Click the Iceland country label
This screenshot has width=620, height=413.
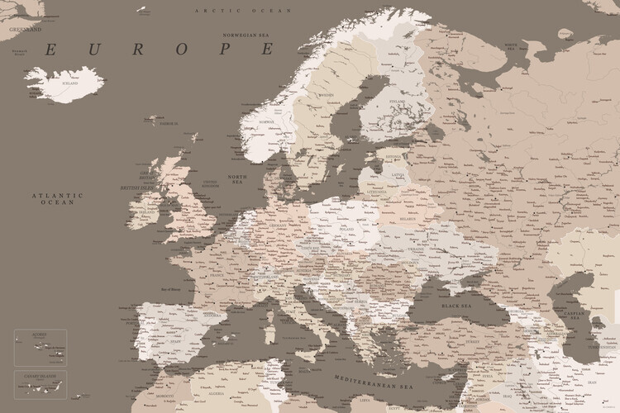tap(69, 83)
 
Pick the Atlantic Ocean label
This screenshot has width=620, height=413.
tap(59, 198)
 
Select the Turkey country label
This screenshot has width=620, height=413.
tap(475, 342)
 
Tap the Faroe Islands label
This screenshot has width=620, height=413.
tap(169, 123)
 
